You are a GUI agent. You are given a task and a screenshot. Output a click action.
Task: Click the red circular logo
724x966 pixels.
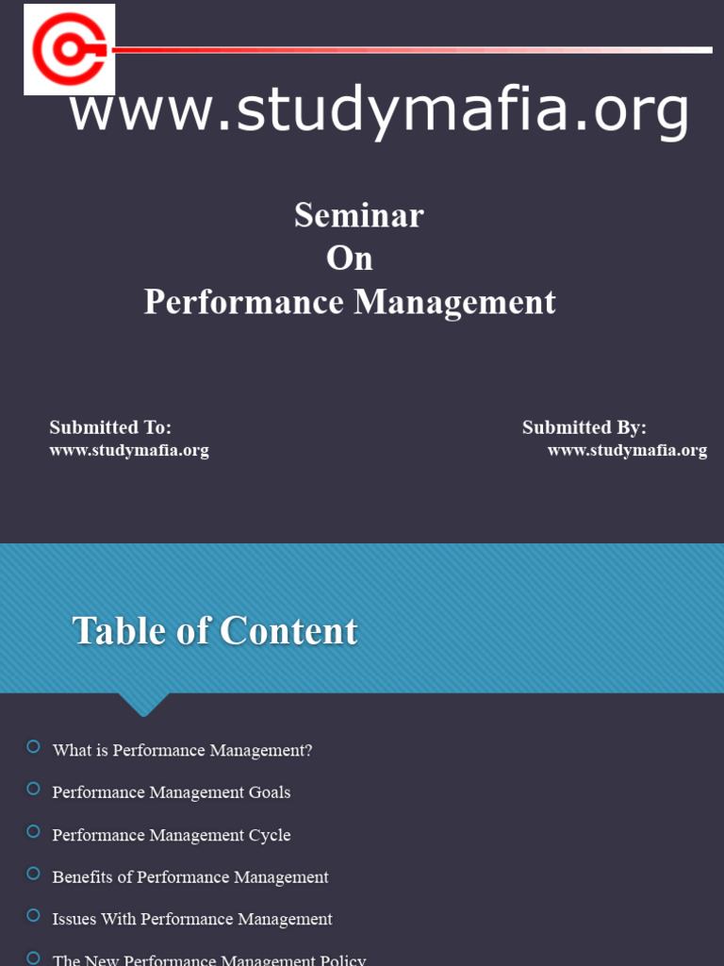(x=69, y=49)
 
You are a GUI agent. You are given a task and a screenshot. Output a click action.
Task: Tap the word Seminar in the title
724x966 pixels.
(x=358, y=215)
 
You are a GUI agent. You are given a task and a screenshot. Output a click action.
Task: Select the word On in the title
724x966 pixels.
(x=350, y=258)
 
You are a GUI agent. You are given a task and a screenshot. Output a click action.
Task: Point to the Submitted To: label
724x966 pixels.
(x=110, y=427)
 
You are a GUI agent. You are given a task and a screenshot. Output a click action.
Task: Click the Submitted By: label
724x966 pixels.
(x=584, y=427)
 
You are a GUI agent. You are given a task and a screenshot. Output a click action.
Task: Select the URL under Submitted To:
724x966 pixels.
(x=129, y=450)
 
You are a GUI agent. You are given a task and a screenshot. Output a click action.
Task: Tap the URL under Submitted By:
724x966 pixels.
(x=627, y=450)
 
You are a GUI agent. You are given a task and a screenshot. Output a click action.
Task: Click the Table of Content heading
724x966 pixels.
(x=215, y=631)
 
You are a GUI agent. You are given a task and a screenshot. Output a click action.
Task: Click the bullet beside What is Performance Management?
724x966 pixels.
(x=34, y=747)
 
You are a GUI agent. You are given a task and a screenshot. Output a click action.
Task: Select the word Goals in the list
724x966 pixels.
(x=270, y=792)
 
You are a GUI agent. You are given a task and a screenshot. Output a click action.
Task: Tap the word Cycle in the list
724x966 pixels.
(x=270, y=835)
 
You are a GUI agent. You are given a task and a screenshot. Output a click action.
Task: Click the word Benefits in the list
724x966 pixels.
(x=83, y=877)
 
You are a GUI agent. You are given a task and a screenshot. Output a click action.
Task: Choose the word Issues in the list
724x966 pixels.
(x=74, y=919)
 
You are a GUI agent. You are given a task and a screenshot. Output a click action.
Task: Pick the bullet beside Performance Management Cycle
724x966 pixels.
(x=34, y=831)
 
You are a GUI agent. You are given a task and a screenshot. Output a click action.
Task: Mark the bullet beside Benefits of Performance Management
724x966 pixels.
(x=34, y=874)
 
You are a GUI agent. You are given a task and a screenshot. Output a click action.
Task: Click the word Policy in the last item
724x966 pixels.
(x=343, y=960)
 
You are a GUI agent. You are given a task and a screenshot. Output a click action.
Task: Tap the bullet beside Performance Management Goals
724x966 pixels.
(x=34, y=789)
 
